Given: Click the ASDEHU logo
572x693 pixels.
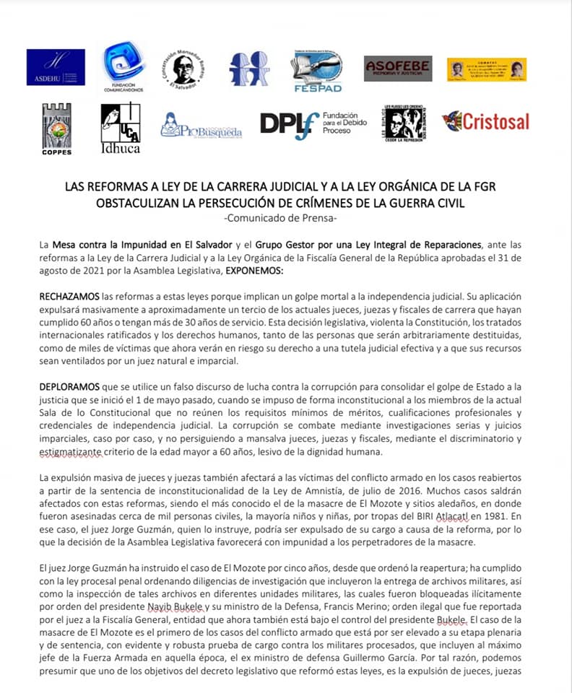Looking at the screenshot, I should (56, 67).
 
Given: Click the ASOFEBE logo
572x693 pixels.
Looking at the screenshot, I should (398, 69).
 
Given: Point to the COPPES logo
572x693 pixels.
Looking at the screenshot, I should (56, 128).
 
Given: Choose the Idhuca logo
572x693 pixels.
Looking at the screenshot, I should (121, 128).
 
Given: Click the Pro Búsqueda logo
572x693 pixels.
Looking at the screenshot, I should (201, 126).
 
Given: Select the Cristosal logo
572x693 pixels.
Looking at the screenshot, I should (485, 121).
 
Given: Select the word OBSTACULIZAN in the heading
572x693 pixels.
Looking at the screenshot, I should (136, 203).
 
